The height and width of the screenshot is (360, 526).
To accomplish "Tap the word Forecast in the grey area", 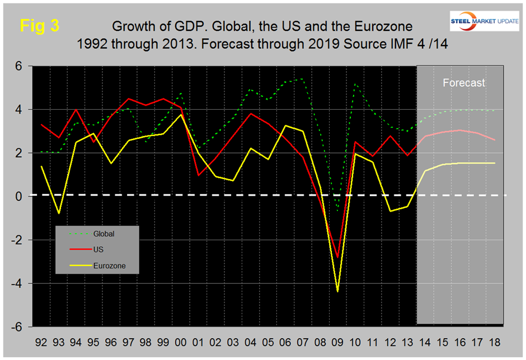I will pyautogui.click(x=464, y=82).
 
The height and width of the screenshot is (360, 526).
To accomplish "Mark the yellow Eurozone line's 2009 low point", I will pyautogui.click(x=337, y=291).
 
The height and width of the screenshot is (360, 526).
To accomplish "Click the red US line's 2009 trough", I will pyautogui.click(x=337, y=258).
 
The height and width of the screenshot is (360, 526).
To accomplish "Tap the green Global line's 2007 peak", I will pyautogui.click(x=303, y=79).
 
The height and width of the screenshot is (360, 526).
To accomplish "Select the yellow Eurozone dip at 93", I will pyautogui.click(x=59, y=213).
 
